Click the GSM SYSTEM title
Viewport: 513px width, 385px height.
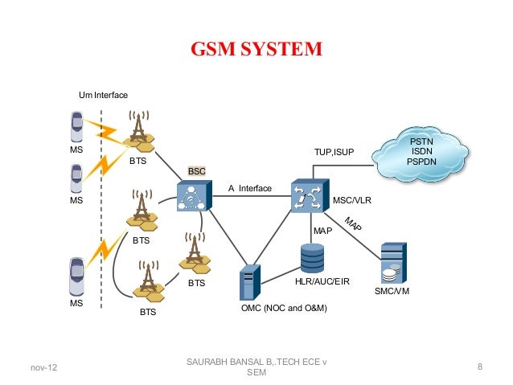[x=256, y=50]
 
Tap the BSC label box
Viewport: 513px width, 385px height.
[x=197, y=171]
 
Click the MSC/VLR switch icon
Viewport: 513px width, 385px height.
[x=307, y=197]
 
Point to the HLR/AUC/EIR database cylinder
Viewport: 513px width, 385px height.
[x=313, y=256]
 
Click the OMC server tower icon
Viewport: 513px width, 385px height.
[x=248, y=284]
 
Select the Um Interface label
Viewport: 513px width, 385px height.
[x=103, y=96]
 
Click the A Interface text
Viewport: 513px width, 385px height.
[x=250, y=188]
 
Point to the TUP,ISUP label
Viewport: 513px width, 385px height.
[x=334, y=151]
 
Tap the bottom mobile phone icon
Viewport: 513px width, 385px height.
[x=76, y=276]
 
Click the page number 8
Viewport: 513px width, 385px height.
[x=479, y=368]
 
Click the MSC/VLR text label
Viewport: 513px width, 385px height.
[x=351, y=200]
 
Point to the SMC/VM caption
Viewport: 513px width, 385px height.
[x=392, y=291]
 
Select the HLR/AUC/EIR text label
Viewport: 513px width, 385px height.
[x=322, y=282]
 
